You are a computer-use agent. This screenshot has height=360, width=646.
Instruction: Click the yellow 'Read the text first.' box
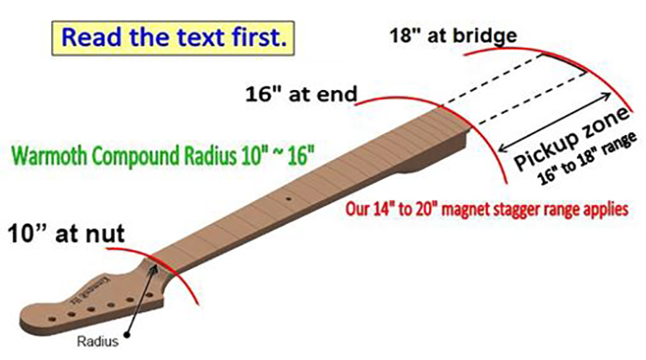[173, 38]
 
